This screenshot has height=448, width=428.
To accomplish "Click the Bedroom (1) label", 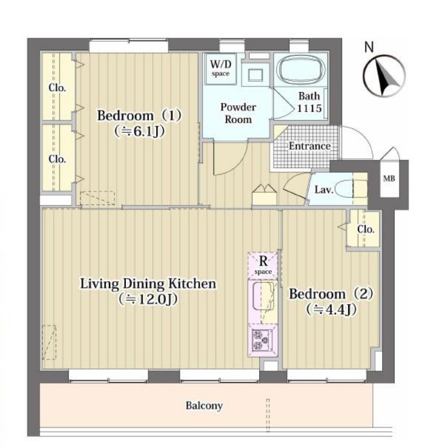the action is pyautogui.click(x=139, y=115).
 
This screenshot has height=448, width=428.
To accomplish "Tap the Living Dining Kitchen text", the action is pyautogui.click(x=148, y=284).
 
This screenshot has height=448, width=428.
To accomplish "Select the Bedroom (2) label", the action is pyautogui.click(x=331, y=294).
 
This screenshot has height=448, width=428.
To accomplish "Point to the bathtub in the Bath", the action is pyautogui.click(x=301, y=70).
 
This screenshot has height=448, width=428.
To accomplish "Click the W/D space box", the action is pyautogui.click(x=220, y=68).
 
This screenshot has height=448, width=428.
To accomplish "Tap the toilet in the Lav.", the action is pyautogui.click(x=351, y=189).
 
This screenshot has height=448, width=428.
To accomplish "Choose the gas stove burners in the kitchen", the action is pyautogui.click(x=262, y=340).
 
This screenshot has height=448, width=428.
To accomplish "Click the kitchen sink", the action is pyautogui.click(x=263, y=296).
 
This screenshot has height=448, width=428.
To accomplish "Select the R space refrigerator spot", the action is pyautogui.click(x=263, y=265).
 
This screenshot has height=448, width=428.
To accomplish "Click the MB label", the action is pyautogui.click(x=389, y=178).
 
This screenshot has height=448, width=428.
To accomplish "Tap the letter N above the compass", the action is pyautogui.click(x=369, y=47).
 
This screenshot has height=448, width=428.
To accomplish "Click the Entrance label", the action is pyautogui.click(x=309, y=146).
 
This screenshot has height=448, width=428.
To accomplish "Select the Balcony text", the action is pyautogui.click(x=204, y=406).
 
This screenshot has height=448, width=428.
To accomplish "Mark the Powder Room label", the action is pyautogui.click(x=238, y=113).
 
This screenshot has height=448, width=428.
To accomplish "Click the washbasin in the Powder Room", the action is pyautogui.click(x=255, y=75).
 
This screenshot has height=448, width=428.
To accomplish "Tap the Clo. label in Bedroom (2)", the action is pyautogui.click(x=366, y=229).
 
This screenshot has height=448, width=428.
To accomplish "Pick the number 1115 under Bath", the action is pyautogui.click(x=309, y=108).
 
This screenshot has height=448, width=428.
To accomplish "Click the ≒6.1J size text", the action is pyautogui.click(x=139, y=131).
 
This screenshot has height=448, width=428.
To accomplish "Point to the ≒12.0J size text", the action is pyautogui.click(x=148, y=299).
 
